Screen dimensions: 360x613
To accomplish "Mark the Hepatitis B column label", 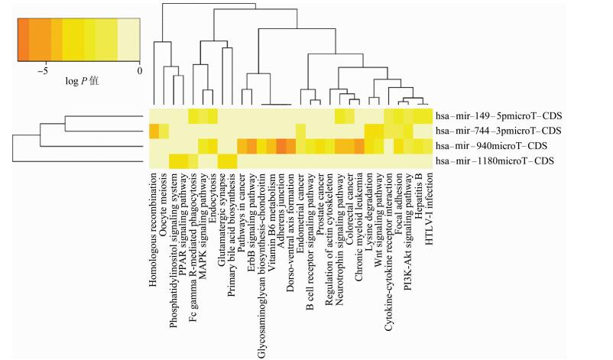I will coord(420,194).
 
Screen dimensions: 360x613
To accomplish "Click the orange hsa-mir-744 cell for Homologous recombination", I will coord(154,131).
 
